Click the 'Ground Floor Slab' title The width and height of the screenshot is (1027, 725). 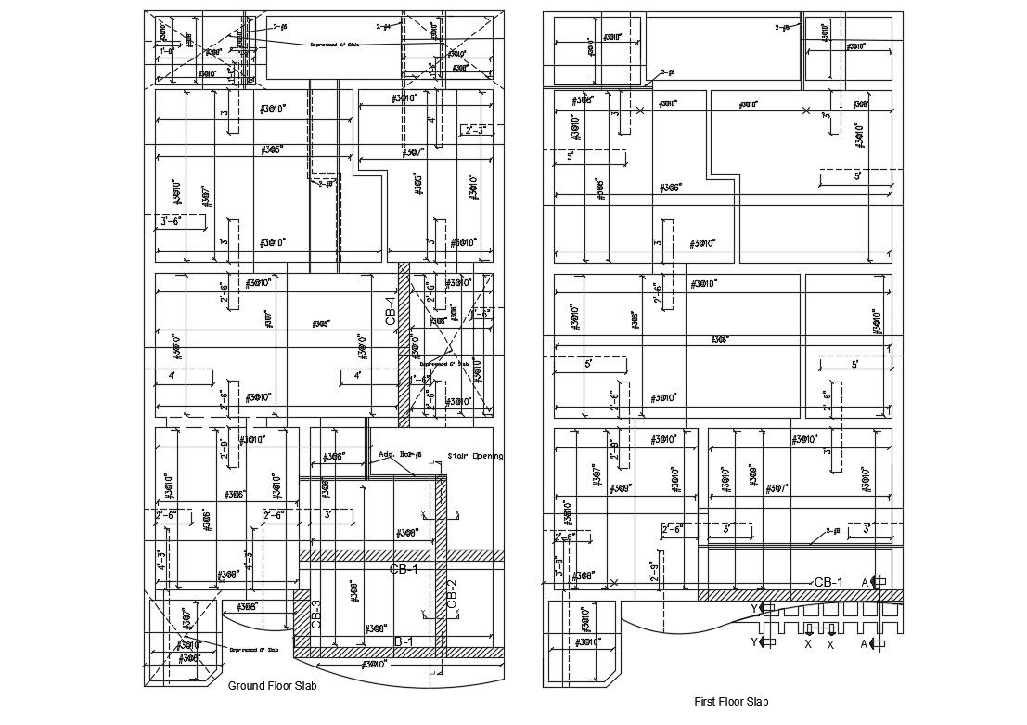click(273, 687)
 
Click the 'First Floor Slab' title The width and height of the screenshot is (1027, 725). click(731, 702)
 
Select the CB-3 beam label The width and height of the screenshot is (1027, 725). click(316, 615)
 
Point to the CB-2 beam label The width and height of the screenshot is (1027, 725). click(452, 594)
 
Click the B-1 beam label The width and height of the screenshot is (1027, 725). click(404, 641)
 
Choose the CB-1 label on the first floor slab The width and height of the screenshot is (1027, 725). click(828, 582)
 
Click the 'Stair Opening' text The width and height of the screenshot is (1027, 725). click(475, 456)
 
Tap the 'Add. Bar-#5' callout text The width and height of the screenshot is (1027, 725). click(401, 455)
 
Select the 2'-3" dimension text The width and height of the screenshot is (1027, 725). click(475, 129)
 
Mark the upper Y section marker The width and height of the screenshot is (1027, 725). click(755, 608)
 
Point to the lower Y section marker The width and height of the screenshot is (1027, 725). click(755, 641)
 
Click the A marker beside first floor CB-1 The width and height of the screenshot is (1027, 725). click(866, 582)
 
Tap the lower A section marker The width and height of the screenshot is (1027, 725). click(865, 643)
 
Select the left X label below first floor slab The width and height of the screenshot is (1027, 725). click(808, 644)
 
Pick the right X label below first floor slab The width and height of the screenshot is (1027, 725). click(830, 644)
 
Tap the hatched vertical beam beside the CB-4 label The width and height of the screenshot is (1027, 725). click(404, 343)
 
